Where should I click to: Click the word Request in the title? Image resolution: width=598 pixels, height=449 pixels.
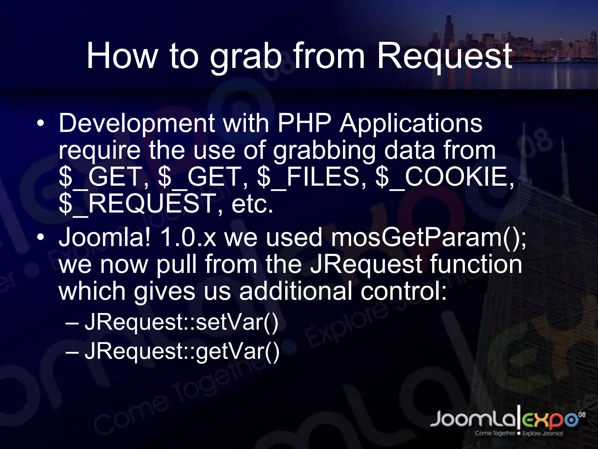click(x=444, y=56)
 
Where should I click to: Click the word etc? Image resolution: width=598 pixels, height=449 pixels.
click(x=252, y=204)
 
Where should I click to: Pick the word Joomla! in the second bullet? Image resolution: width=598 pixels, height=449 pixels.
click(x=105, y=237)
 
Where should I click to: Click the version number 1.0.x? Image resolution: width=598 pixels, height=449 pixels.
click(x=188, y=237)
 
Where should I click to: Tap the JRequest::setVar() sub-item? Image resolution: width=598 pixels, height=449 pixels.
click(x=181, y=323)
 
